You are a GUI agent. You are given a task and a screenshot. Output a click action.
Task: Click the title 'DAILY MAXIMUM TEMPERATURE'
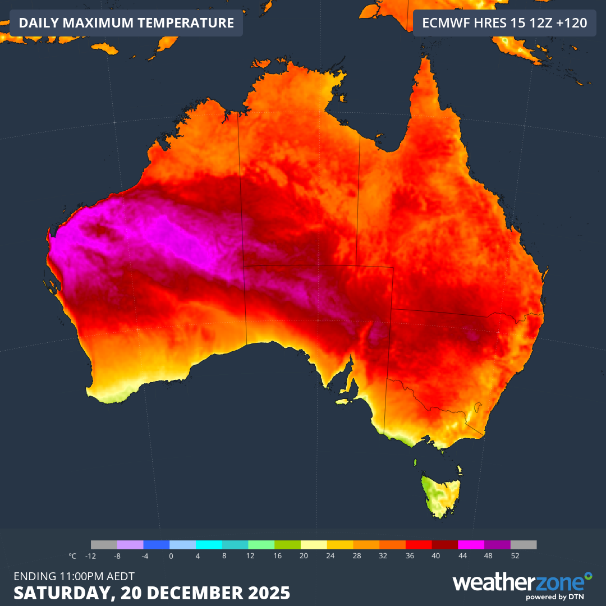click(x=126, y=23)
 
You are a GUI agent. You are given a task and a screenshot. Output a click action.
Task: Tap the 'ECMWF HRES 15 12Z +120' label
click(x=504, y=23)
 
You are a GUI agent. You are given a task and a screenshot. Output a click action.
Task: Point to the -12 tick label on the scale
click(x=90, y=556)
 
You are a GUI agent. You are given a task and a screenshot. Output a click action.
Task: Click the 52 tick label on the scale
click(x=515, y=556)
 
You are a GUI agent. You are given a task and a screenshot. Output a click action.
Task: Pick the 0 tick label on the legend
click(x=171, y=556)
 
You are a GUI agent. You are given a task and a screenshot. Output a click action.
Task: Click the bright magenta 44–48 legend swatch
click(x=471, y=545)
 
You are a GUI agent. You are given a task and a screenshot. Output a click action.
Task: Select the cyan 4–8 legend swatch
click(x=209, y=545)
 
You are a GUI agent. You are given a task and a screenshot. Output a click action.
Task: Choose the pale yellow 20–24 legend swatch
click(x=314, y=545)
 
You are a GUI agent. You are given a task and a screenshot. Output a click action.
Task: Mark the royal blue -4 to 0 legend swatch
click(x=157, y=545)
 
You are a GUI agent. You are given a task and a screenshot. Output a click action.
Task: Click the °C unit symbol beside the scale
click(x=72, y=556)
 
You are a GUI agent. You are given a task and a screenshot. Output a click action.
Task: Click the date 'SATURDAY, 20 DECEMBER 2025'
click(x=151, y=593)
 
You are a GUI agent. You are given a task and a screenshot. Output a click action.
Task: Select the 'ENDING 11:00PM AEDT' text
click(x=74, y=576)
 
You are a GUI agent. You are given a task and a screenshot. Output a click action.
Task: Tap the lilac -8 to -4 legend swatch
click(x=130, y=545)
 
